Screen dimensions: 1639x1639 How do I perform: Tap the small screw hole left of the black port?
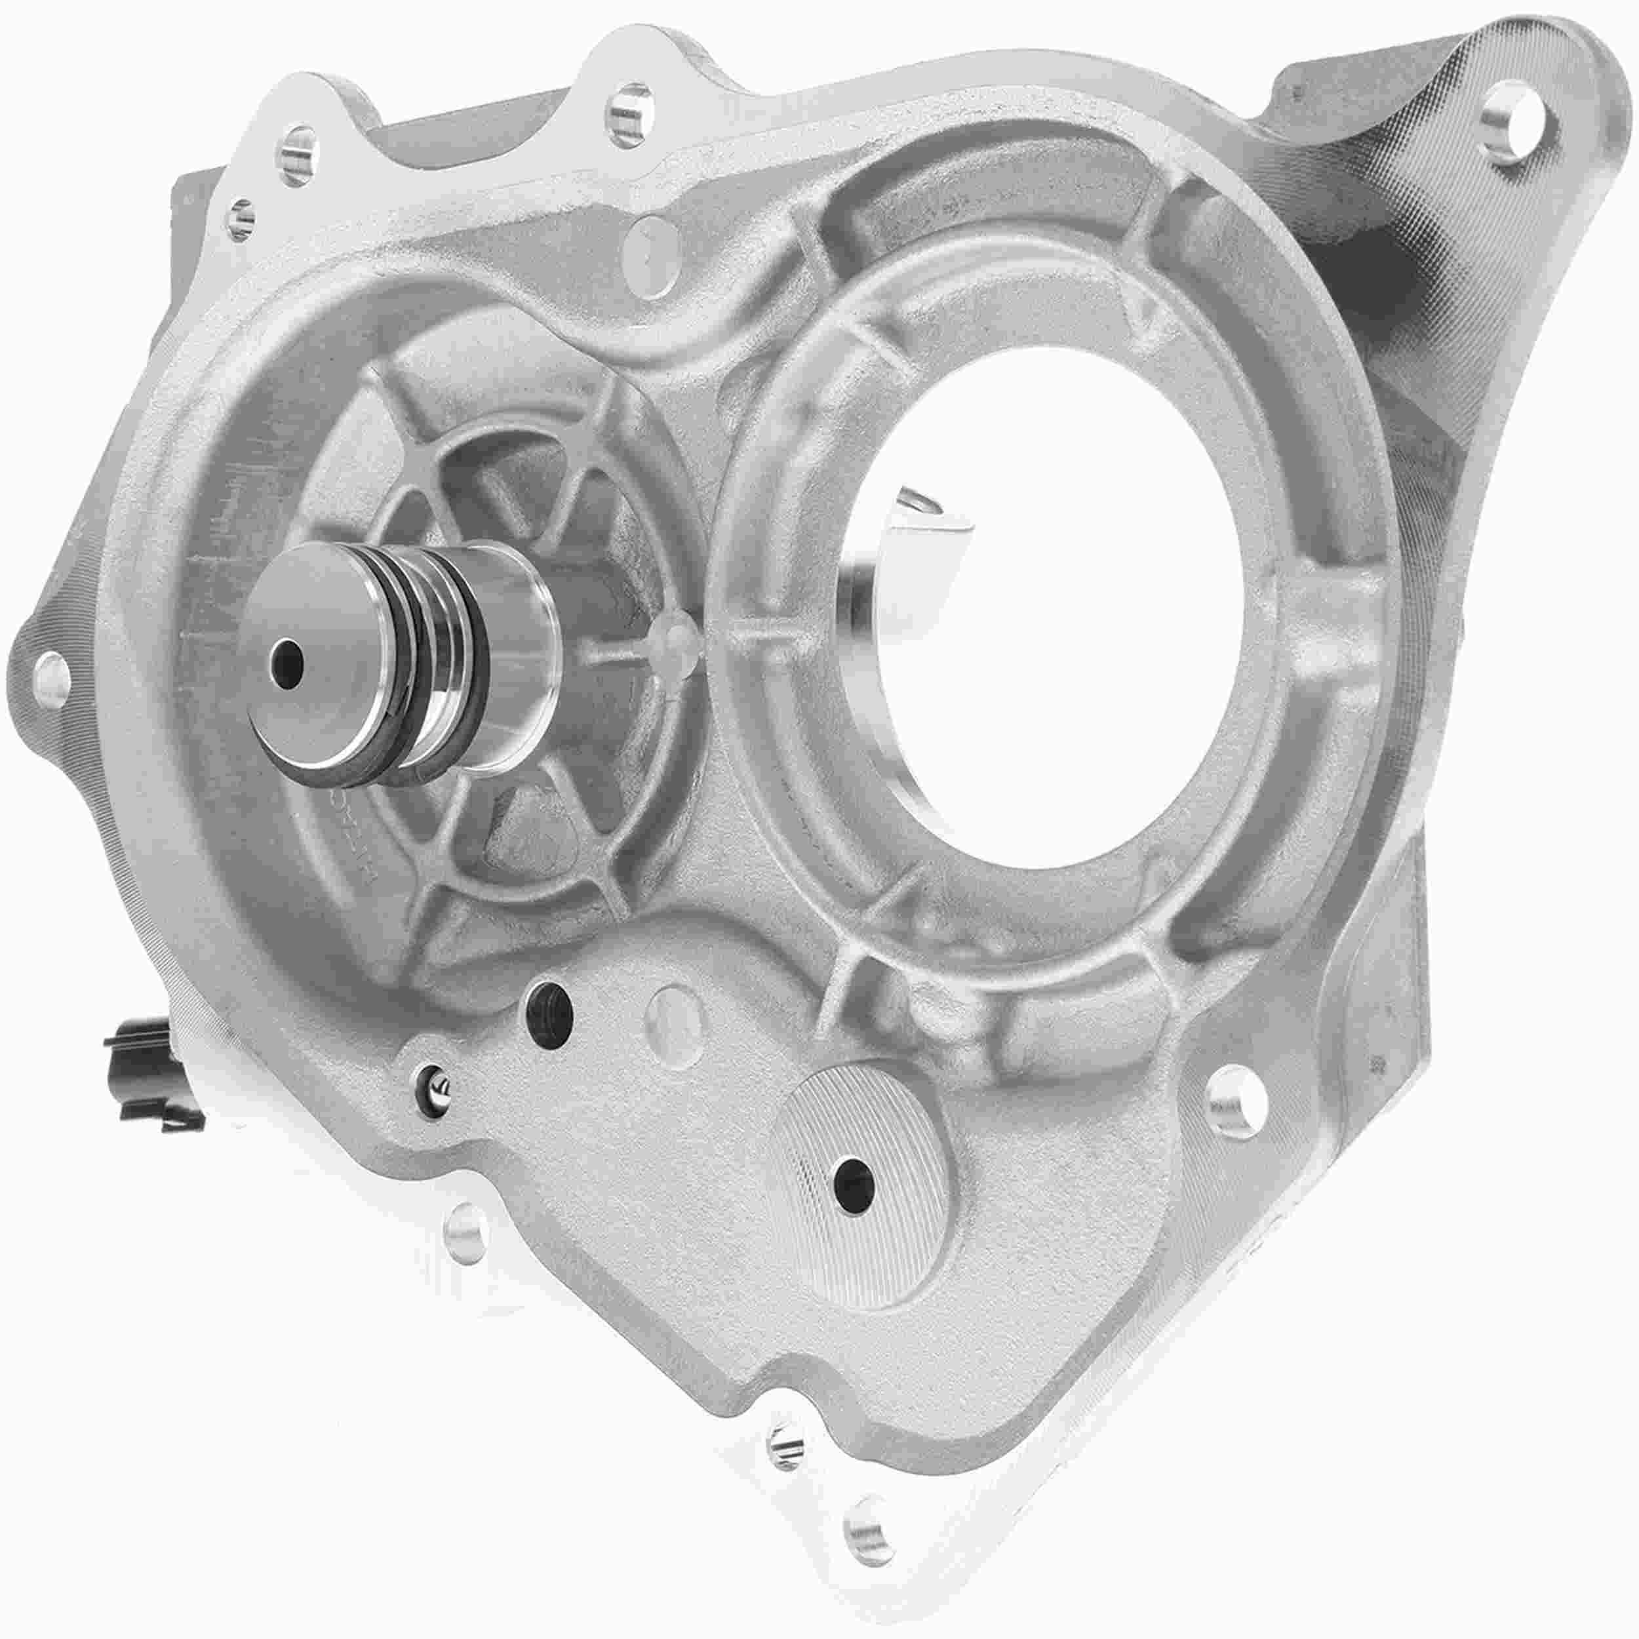coord(437,1078)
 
